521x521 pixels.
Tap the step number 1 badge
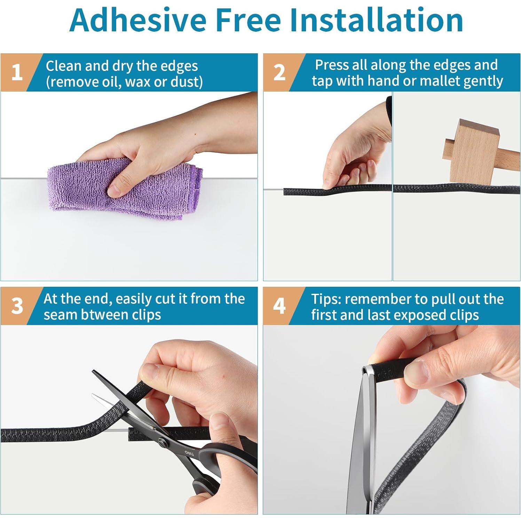click(17, 72)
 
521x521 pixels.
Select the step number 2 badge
click(279, 72)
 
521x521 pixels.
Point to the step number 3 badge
click(17, 306)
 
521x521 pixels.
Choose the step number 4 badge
click(279, 306)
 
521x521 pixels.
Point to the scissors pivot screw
click(161, 443)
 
